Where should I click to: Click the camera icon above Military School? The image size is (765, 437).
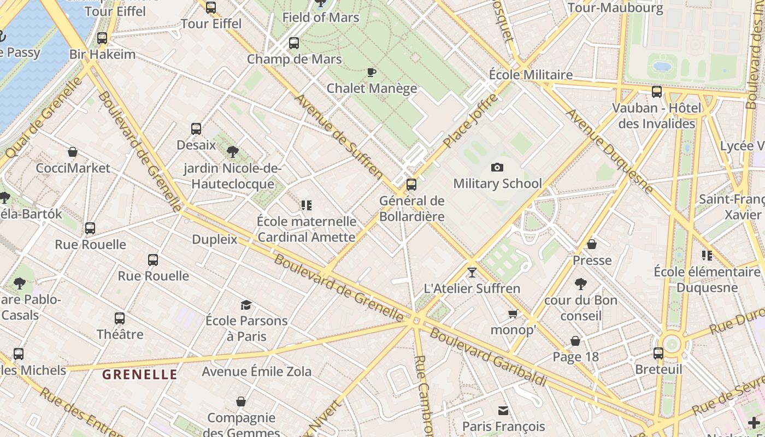pyautogui.click(x=497, y=168)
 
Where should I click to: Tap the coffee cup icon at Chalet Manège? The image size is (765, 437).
pyautogui.click(x=372, y=72)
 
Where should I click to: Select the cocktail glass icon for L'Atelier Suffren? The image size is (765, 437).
pyautogui.click(x=472, y=272)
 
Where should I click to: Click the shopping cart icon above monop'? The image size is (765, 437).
pyautogui.click(x=513, y=314)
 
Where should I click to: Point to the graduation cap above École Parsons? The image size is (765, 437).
pyautogui.click(x=246, y=305)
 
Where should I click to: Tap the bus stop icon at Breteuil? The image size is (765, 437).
pyautogui.click(x=658, y=353)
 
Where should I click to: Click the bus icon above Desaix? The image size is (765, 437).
pyautogui.click(x=196, y=129)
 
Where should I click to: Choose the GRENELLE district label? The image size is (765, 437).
pyautogui.click(x=140, y=375)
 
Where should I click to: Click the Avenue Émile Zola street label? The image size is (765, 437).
pyautogui.click(x=257, y=371)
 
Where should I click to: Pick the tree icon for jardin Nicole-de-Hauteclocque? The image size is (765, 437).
pyautogui.click(x=232, y=151)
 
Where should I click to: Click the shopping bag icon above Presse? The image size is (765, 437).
pyautogui.click(x=592, y=244)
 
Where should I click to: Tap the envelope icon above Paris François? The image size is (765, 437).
pyautogui.click(x=503, y=410)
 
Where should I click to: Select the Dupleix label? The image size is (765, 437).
pyautogui.click(x=215, y=239)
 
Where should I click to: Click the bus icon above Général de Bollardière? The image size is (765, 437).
pyautogui.click(x=411, y=185)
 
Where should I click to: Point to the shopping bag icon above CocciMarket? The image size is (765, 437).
pyautogui.click(x=73, y=152)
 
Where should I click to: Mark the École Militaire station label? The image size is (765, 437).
pyautogui.click(x=531, y=75)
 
